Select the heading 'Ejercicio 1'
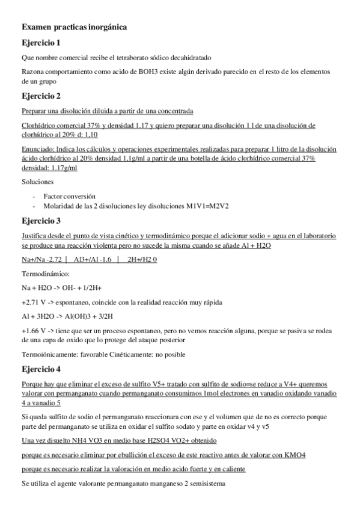click(41, 43)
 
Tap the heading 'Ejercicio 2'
click(41, 96)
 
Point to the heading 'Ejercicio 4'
click(41, 369)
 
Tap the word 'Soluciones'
click(37, 181)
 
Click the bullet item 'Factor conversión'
click(69, 197)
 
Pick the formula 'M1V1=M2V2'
click(207, 206)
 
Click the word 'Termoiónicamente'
click(51, 354)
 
